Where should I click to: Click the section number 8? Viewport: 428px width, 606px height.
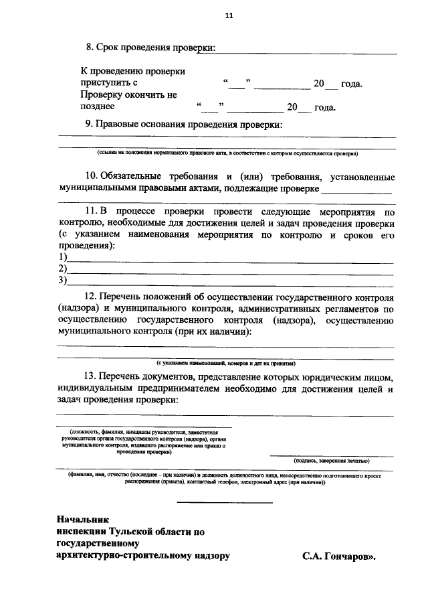[89, 48]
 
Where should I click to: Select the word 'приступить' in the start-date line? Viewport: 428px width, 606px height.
[104, 84]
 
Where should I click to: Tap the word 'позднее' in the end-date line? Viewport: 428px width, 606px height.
[98, 106]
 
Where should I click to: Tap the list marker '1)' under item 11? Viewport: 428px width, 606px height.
[64, 258]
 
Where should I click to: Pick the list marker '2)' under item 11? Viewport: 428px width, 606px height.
[64, 269]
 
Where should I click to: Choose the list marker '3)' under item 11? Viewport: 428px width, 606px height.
[64, 281]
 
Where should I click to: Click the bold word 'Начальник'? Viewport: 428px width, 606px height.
[82, 520]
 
